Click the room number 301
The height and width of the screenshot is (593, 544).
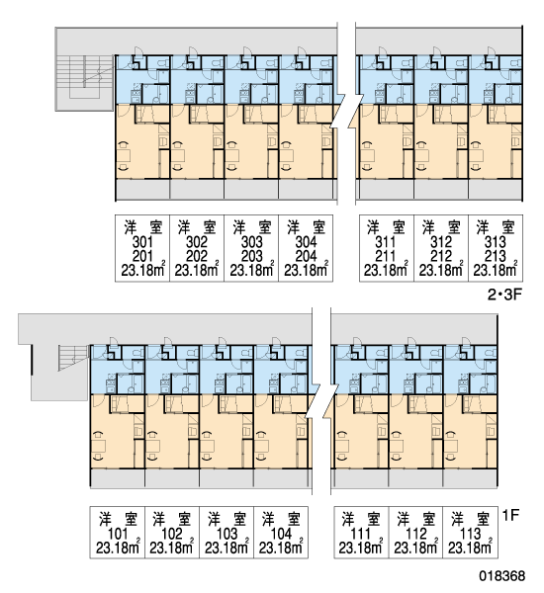pos(142,242)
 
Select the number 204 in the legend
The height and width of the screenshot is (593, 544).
pos(306,256)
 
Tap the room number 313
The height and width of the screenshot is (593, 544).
pos(496,242)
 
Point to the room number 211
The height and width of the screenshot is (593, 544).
pos(386,256)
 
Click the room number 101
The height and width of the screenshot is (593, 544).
pos(118,534)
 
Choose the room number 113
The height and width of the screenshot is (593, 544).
pos(470,534)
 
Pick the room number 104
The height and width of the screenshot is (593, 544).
pos(281,534)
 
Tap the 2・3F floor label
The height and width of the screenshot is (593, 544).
pos(504,295)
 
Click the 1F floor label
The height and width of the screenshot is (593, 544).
pos(510,515)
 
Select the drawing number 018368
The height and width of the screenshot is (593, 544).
pos(502,576)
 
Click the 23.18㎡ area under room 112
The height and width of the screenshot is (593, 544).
pos(416,547)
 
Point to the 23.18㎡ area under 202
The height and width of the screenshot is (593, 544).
pos(197,269)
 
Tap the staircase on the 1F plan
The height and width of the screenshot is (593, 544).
pos(74,358)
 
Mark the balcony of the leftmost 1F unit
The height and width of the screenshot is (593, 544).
pos(118,478)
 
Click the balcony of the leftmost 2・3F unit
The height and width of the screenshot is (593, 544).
pos(142,190)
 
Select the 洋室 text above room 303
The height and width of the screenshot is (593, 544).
pos(252,227)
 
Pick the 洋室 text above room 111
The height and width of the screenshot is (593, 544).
pos(361,520)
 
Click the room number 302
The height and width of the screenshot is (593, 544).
pos(197,242)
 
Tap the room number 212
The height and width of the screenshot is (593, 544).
pos(441,256)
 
